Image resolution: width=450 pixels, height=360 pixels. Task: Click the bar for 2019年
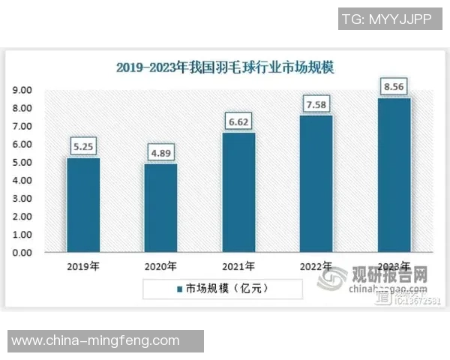tap(82, 205)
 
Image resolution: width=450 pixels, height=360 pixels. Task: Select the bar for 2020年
tap(160, 208)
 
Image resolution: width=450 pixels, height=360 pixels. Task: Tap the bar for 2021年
tap(238, 193)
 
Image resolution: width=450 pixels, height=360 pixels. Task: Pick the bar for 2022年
tap(316, 184)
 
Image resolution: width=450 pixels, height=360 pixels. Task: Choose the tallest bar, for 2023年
tap(394, 175)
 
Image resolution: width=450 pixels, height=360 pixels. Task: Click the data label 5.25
tap(82, 147)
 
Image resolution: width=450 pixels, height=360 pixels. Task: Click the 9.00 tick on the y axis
tap(21, 90)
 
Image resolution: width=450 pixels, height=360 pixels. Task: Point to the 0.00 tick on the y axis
tap(21, 253)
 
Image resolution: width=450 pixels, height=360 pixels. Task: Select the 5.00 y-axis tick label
tap(21, 162)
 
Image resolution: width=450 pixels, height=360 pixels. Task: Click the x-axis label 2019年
tap(82, 266)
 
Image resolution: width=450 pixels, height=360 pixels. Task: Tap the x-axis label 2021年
tap(238, 266)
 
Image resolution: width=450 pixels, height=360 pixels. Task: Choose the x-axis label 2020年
tap(160, 266)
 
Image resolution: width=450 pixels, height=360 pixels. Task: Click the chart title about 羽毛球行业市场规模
tap(225, 67)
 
